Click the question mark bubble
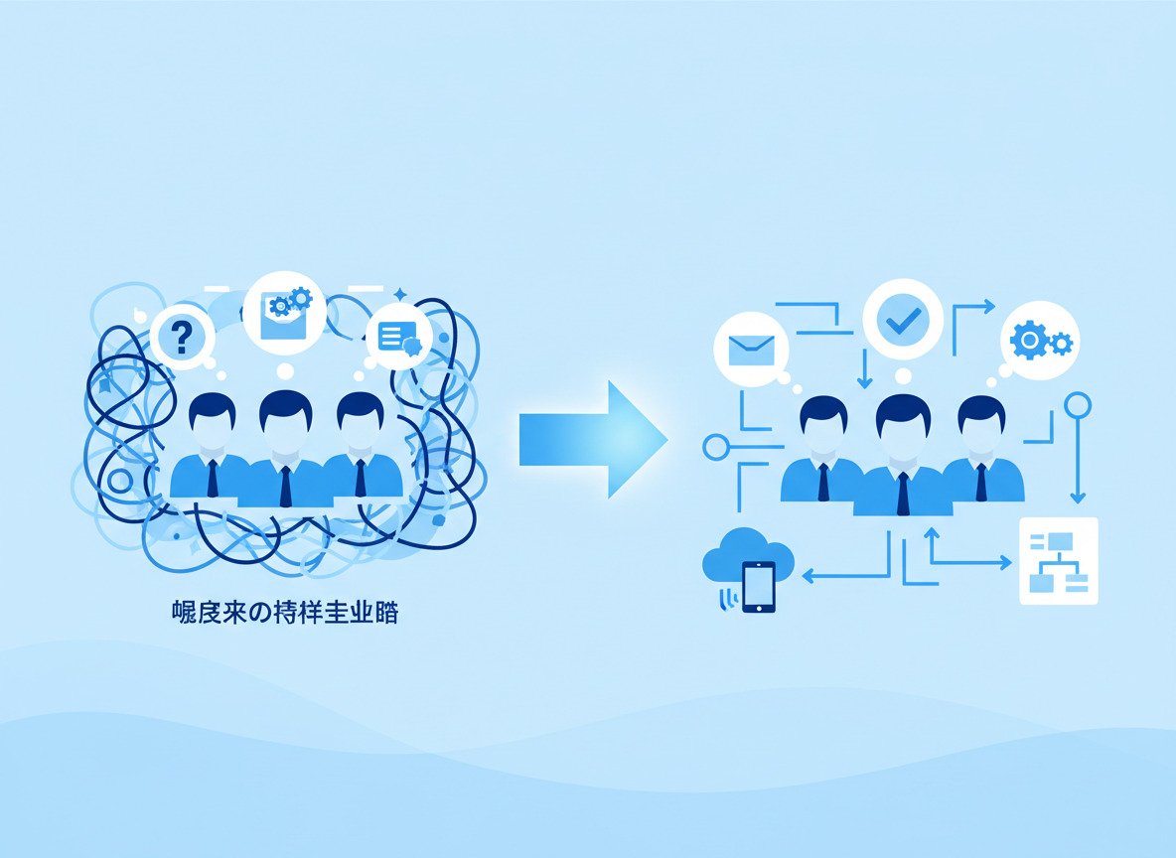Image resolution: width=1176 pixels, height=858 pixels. tap(182, 338)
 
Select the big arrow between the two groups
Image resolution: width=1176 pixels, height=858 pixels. tap(592, 439)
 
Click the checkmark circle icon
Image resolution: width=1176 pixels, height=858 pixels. tap(902, 319)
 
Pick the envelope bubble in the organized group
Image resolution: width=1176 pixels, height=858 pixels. tap(751, 349)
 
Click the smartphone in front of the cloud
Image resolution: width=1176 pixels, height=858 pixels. tap(758, 586)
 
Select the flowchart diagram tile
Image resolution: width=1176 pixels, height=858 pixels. tap(1059, 560)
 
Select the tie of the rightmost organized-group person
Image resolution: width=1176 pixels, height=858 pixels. tap(981, 482)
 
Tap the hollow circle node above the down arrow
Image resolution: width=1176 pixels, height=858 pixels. tap(1078, 405)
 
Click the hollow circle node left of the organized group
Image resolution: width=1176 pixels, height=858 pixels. tap(715, 447)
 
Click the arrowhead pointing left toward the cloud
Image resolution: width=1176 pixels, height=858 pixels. tap(808, 575)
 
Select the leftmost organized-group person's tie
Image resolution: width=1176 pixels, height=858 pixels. tap(823, 482)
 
